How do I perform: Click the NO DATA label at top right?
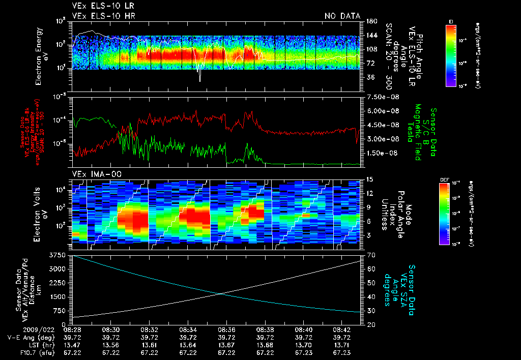coord(342,16)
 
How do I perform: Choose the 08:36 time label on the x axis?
coord(227,329)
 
